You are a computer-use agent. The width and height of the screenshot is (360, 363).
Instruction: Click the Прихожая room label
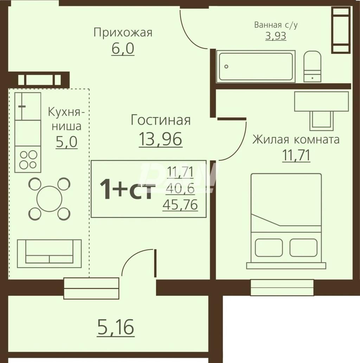click(x=123, y=33)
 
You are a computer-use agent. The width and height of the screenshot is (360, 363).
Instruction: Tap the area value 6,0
click(x=123, y=48)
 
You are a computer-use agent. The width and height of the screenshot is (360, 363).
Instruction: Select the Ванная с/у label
click(x=276, y=25)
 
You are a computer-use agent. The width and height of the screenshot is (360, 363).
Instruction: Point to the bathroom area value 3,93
click(x=276, y=36)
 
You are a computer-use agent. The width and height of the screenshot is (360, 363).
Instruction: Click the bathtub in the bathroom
click(x=256, y=66)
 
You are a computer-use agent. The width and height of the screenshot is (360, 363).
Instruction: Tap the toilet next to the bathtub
click(x=312, y=66)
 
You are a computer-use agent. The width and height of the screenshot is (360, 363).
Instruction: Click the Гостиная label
click(x=161, y=120)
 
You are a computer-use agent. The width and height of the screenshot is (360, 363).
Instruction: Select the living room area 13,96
click(x=161, y=140)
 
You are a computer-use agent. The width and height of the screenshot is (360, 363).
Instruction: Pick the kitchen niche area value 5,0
click(x=66, y=142)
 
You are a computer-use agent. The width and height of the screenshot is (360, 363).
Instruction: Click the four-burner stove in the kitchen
click(x=28, y=159)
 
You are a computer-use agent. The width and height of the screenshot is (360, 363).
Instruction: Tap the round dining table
click(x=49, y=199)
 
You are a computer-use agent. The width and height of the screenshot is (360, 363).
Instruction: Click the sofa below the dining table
click(x=49, y=254)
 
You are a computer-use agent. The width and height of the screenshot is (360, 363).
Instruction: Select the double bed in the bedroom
click(x=286, y=221)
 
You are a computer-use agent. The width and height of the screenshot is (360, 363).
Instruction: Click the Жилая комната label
click(x=296, y=140)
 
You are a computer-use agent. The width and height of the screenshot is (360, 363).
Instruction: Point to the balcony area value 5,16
click(x=116, y=327)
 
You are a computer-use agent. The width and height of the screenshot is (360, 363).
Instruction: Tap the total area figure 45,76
click(x=180, y=205)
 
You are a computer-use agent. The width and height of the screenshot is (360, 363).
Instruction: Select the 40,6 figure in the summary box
click(x=180, y=188)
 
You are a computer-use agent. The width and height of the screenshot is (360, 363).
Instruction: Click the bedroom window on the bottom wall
click(x=282, y=287)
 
